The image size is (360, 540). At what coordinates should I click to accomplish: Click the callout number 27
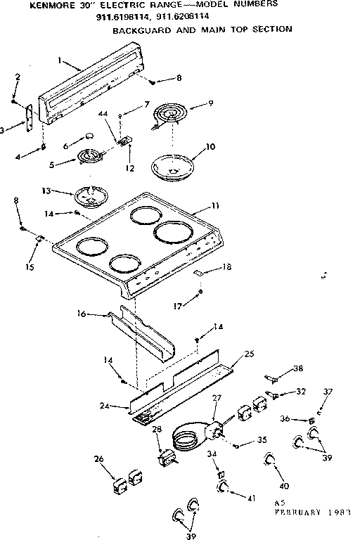pos(217,398)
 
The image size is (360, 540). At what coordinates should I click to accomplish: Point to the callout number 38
pos(298,368)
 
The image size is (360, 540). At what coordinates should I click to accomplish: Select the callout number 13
pos(66,191)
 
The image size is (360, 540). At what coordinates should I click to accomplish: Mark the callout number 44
pos(103,114)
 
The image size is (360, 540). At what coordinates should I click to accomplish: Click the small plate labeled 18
pos(199,271)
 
